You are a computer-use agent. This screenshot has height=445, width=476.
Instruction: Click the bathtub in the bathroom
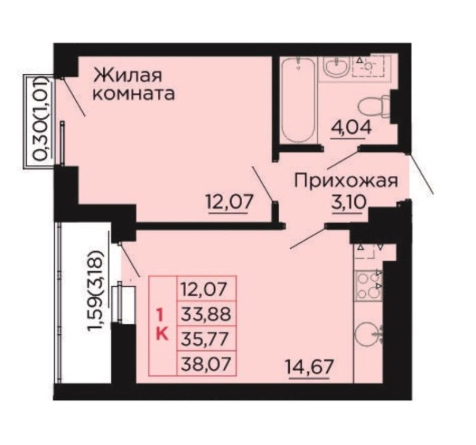pyautogui.click(x=298, y=100)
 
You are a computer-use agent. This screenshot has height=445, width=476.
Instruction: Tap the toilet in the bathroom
pyautogui.click(x=374, y=107)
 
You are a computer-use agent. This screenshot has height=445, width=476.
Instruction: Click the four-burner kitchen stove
pyautogui.click(x=368, y=286)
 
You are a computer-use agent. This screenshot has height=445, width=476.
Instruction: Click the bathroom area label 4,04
pyautogui.click(x=351, y=129)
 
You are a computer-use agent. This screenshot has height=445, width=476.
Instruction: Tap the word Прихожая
pyautogui.click(x=346, y=181)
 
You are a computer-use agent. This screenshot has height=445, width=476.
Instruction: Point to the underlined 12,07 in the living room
pyautogui.click(x=229, y=202)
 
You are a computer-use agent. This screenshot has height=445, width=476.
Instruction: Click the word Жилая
pyautogui.click(x=127, y=76)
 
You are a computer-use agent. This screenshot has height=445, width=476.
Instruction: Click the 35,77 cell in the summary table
pyautogui.click(x=206, y=339)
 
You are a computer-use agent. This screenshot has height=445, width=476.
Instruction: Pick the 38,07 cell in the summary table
pyautogui.click(x=206, y=363)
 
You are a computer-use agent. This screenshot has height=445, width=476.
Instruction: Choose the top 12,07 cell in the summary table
pyautogui.click(x=206, y=289)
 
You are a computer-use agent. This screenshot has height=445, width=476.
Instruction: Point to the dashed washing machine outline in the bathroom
pyautogui.click(x=368, y=66)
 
